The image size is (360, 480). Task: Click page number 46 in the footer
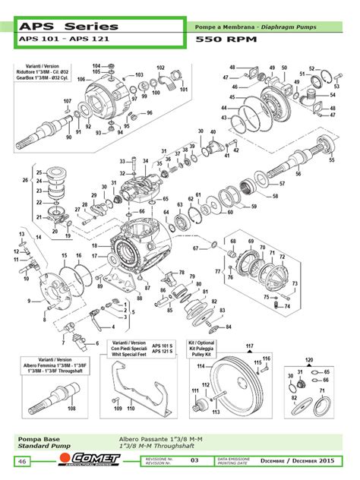(x=22, y=462)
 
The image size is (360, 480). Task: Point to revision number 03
(x=194, y=461)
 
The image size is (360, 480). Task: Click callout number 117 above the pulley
(x=248, y=346)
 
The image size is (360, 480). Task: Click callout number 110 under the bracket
(x=131, y=409)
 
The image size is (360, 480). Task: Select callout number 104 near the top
(x=96, y=66)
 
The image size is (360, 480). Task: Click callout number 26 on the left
(x=26, y=180)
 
